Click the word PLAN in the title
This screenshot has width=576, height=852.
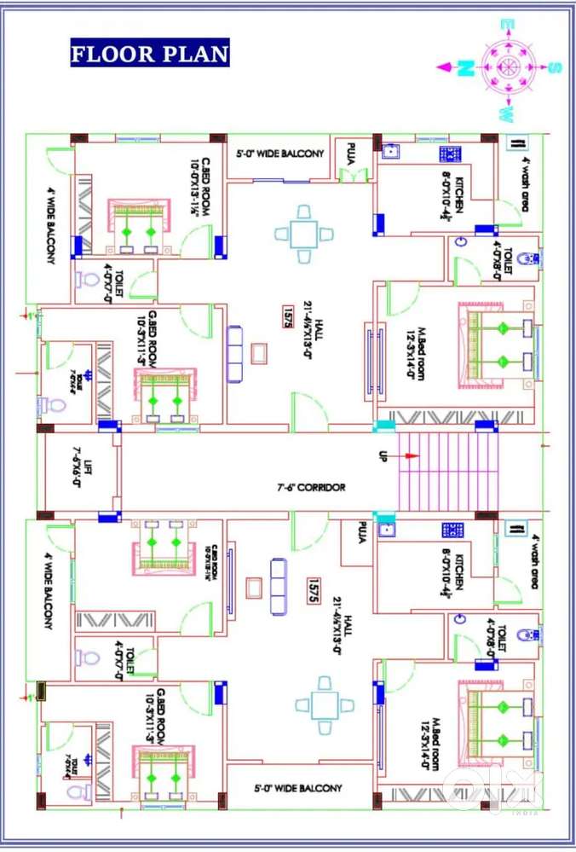pos(196,55)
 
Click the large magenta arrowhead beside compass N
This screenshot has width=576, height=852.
pos(446,67)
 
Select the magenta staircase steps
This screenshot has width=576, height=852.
pos(447,471)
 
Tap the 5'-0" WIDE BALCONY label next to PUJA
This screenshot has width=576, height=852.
pos(279,154)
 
